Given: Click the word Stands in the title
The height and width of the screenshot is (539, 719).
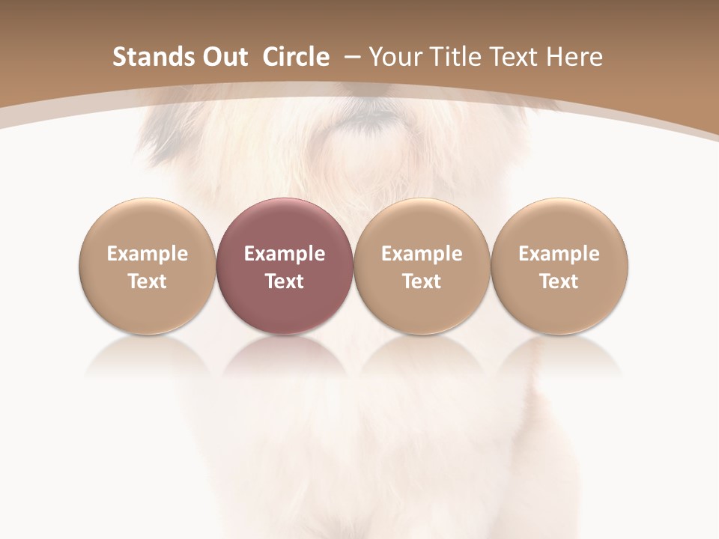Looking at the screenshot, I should [153, 57].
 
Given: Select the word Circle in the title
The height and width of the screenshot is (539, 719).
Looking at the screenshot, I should [296, 57].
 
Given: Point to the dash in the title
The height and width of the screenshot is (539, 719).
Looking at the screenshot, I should [352, 57].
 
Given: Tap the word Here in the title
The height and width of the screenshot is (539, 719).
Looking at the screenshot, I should [574, 57].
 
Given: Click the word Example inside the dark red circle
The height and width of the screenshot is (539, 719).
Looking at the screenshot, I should [285, 254].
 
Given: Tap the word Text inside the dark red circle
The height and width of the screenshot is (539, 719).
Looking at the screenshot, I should [285, 281].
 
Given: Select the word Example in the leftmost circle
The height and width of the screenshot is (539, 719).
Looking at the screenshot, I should [147, 254].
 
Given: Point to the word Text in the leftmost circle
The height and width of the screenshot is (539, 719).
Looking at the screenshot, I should [147, 281].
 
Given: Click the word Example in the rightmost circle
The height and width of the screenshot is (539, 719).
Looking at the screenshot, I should [559, 254].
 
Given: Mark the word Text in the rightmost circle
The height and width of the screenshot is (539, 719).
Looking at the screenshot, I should [559, 281].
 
